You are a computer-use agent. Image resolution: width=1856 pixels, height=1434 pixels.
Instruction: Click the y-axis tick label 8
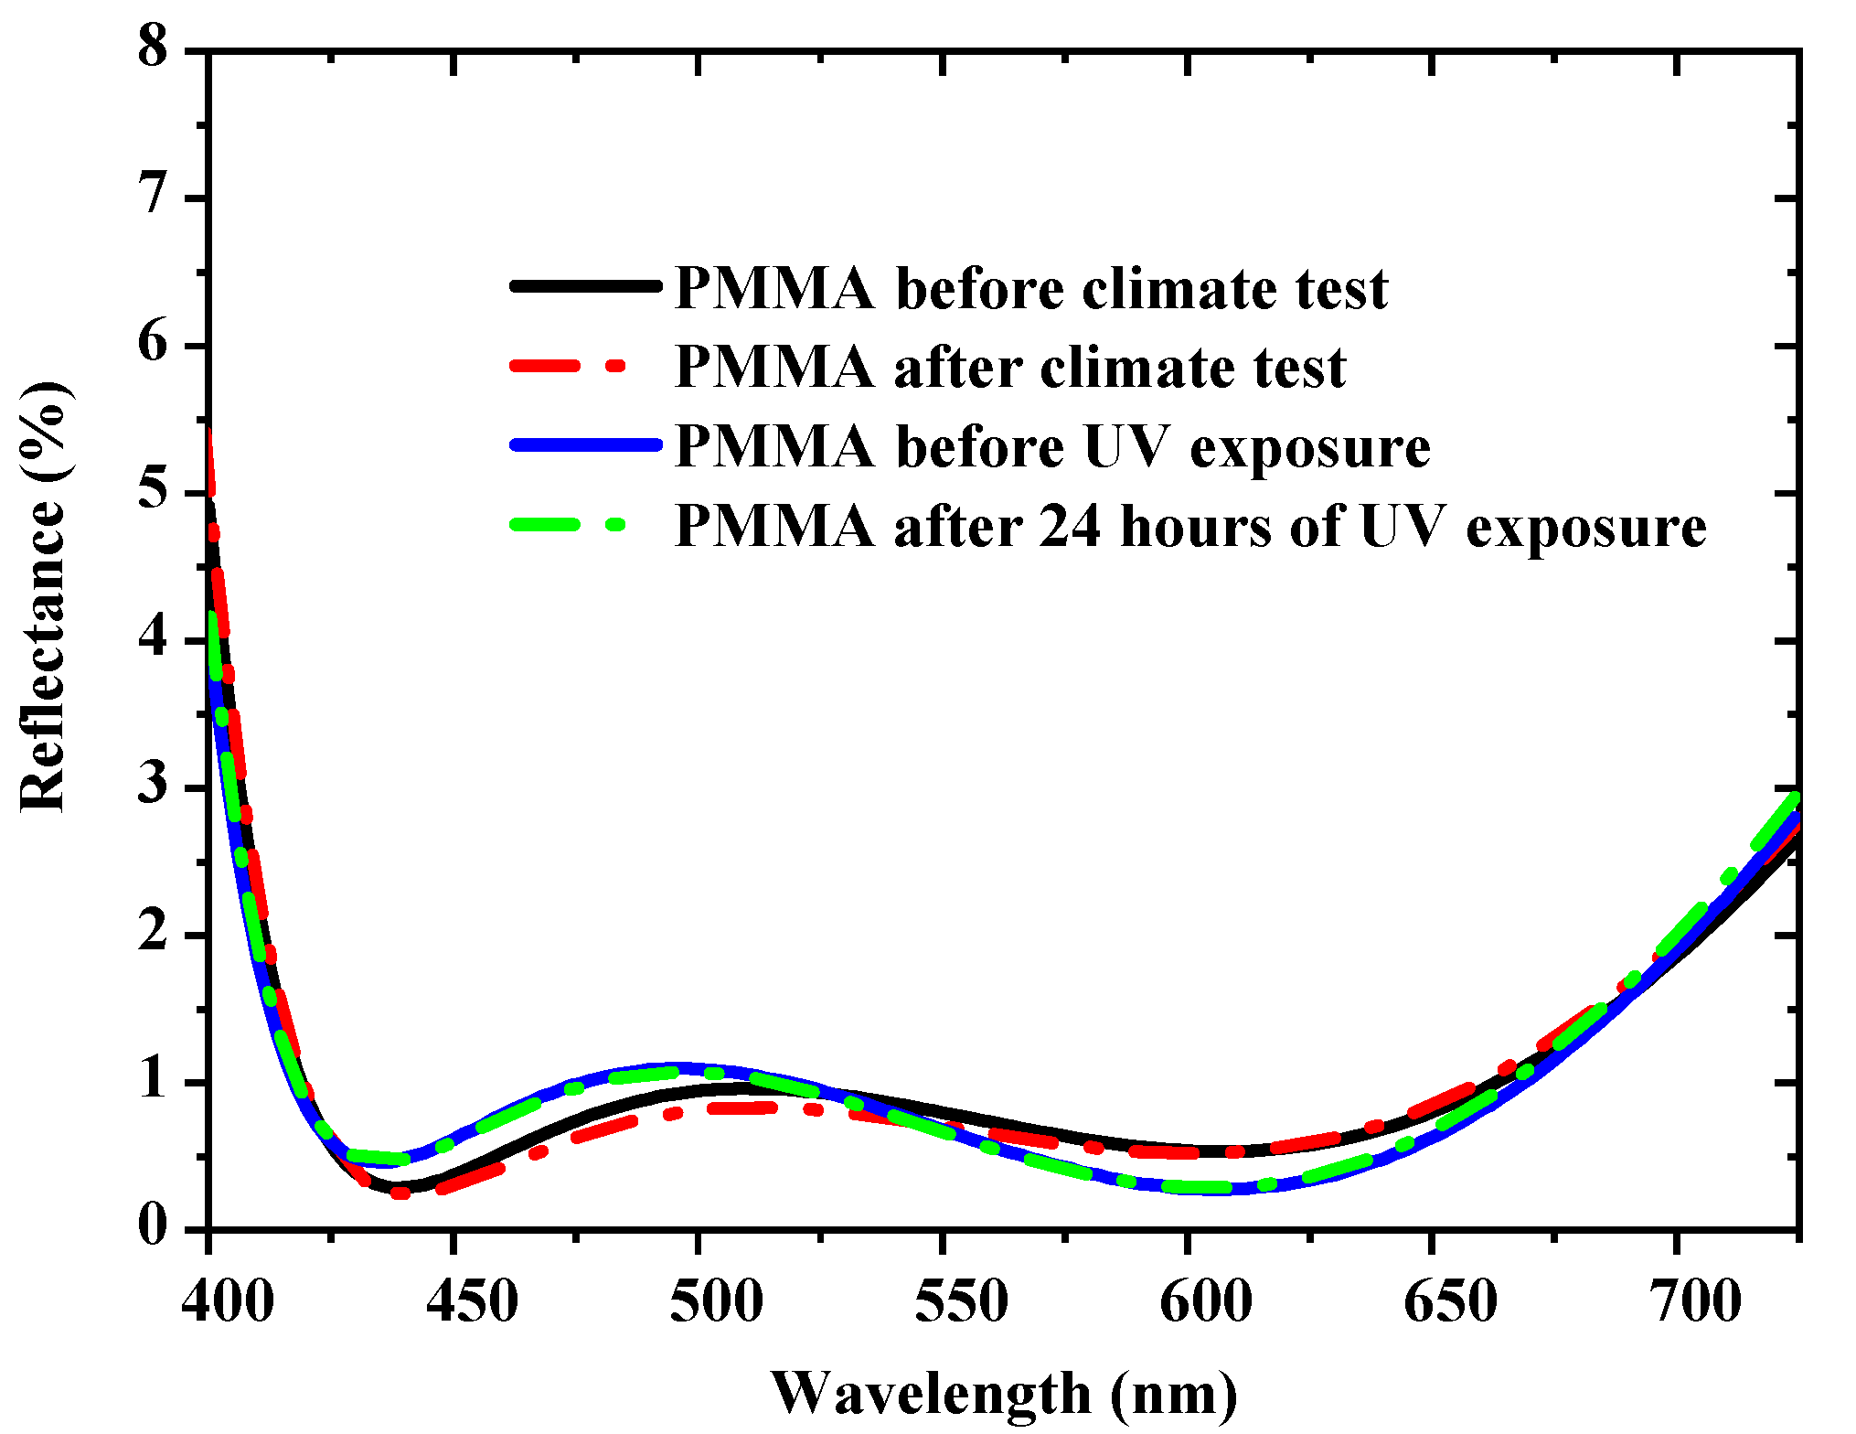[154, 46]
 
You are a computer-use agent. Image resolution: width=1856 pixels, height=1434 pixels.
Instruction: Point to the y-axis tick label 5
[154, 492]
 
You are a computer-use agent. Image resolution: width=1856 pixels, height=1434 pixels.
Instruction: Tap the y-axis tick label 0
[154, 1225]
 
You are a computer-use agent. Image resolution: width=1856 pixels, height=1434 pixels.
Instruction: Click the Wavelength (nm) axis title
[1004, 1393]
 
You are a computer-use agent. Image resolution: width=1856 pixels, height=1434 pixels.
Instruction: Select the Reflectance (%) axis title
[44, 596]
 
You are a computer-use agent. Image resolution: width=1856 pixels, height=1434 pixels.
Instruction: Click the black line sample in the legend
[585, 286]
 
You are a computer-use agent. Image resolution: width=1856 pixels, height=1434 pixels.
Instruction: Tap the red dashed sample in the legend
[567, 366]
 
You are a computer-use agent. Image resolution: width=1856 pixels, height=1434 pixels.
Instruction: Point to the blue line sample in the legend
[585, 445]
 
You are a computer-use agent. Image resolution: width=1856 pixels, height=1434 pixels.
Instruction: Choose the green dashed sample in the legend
[567, 525]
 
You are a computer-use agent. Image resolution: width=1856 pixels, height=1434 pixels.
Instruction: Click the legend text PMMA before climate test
[1030, 289]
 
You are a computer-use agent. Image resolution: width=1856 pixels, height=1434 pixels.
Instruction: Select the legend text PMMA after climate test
[1009, 368]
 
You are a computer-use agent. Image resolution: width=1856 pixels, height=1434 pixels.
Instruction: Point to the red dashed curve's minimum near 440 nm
[400, 1193]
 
